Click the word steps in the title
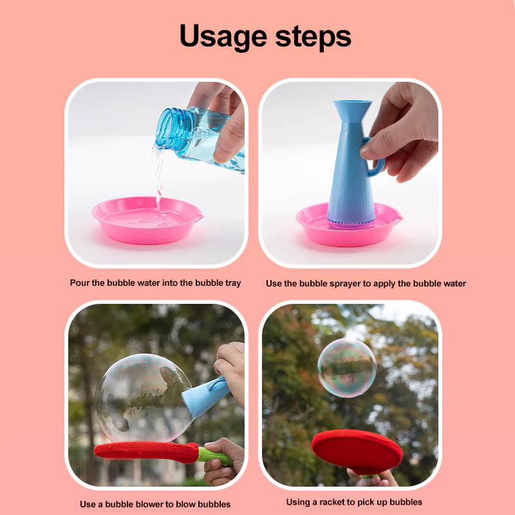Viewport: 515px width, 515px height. (314, 36)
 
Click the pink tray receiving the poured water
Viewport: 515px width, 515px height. (147, 220)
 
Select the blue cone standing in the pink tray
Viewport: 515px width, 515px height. (351, 164)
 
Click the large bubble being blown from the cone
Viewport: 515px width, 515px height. (144, 398)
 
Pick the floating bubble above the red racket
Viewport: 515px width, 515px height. (346, 368)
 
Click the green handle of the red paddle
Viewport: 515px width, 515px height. (214, 456)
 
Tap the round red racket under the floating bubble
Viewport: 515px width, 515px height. (357, 451)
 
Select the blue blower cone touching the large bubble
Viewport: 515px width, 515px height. (205, 397)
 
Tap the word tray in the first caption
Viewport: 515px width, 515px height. (232, 283)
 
